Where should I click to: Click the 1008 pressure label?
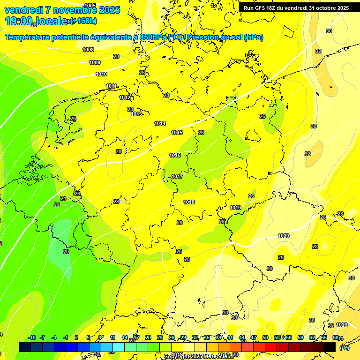(x=88, y=50)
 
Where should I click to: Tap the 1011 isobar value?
(x=111, y=86)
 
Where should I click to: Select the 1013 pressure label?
(x=136, y=114)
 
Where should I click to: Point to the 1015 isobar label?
(x=177, y=133)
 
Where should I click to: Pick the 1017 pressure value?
(x=177, y=176)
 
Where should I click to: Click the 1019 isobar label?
(x=235, y=208)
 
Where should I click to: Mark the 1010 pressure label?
(x=101, y=74)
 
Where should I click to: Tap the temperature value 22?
(x=57, y=205)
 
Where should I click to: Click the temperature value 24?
(x=63, y=198)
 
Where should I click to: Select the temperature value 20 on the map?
(x=66, y=252)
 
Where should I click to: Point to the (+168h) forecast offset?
(x=83, y=21)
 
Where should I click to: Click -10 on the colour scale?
(x=32, y=337)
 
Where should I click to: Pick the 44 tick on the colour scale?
(x=242, y=337)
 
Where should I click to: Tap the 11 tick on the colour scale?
(x=112, y=337)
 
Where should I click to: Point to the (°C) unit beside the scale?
(x=344, y=347)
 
